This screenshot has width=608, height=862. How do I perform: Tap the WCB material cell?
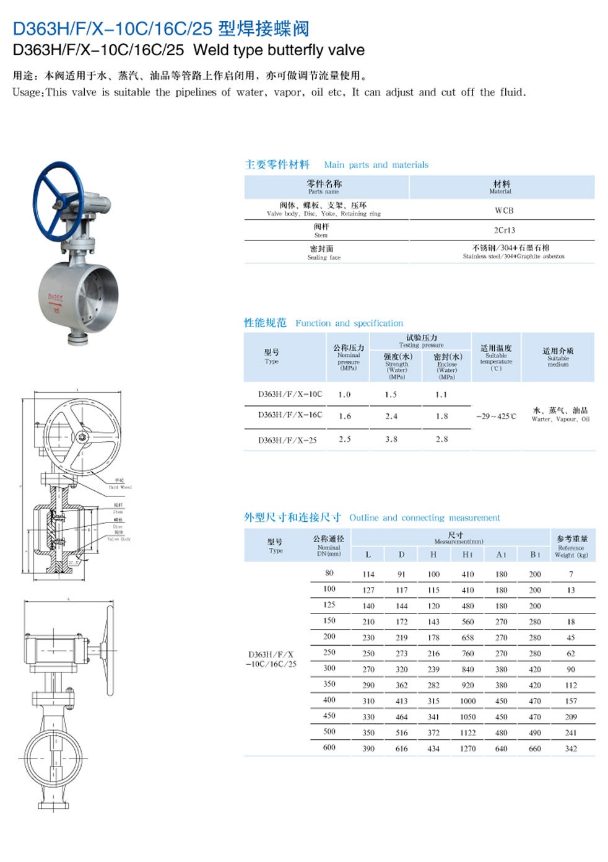504,211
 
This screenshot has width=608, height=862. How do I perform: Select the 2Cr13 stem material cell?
504,231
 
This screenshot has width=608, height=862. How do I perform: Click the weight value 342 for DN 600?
571,749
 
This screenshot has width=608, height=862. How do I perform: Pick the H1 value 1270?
468,749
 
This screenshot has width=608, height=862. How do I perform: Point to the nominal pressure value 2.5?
345,439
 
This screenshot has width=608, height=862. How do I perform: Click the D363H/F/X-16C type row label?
290,415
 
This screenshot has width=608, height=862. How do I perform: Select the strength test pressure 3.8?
391,439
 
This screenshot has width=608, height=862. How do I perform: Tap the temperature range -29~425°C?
496,416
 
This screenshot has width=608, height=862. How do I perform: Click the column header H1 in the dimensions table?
467,555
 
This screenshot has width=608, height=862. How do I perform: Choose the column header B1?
535,555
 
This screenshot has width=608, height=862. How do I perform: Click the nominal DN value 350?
329,684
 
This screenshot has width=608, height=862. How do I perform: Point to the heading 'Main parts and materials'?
376,165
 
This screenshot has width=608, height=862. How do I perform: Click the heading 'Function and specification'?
349,323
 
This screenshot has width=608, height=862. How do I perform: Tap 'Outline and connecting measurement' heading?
425,518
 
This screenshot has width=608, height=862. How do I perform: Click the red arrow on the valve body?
56,305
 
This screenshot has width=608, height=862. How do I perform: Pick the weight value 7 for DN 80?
571,574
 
